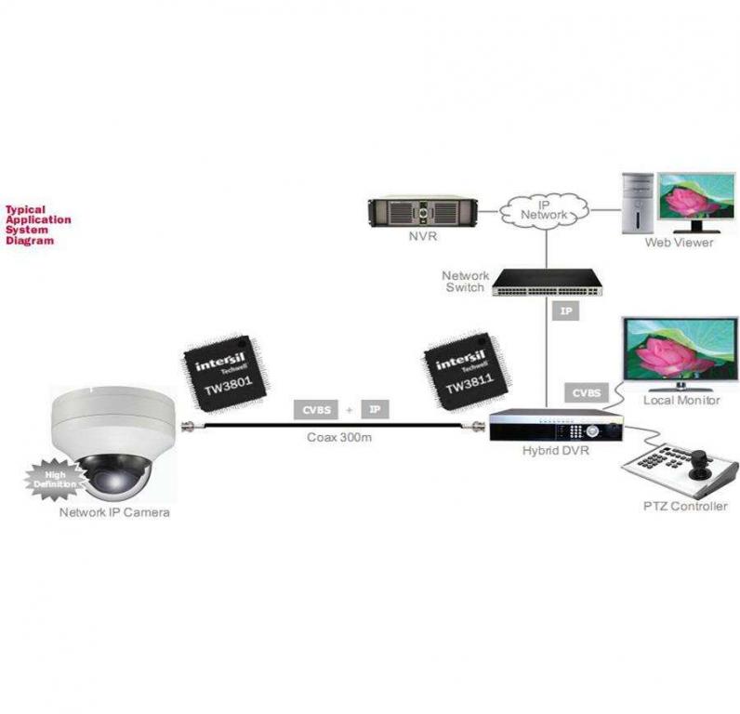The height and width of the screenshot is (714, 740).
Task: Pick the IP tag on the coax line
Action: click(374, 409)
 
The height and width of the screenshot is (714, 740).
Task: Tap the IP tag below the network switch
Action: click(566, 311)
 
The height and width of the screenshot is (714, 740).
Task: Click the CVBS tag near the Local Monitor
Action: click(585, 393)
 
